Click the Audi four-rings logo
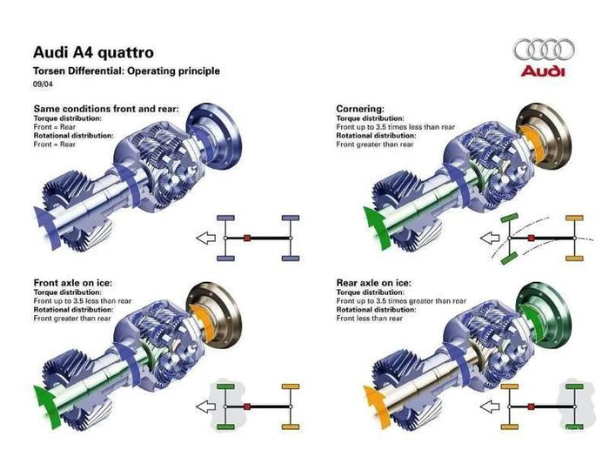point(544,49)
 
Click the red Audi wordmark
point(543,71)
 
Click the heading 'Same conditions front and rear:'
point(105,109)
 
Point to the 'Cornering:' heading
point(360,109)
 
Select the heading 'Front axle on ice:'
point(72,283)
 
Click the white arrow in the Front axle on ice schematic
point(206,406)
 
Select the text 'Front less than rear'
point(370,319)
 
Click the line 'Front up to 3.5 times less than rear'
point(394,126)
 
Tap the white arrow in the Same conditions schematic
point(206,237)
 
